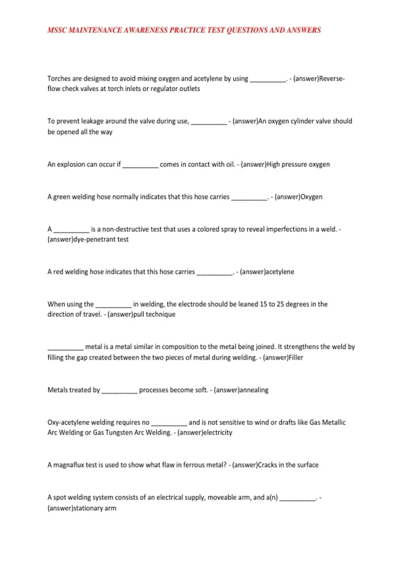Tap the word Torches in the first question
click(x=59, y=79)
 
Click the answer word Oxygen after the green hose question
click(x=311, y=197)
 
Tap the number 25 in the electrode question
click(x=280, y=304)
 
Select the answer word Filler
click(x=296, y=357)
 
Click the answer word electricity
click(x=218, y=432)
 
